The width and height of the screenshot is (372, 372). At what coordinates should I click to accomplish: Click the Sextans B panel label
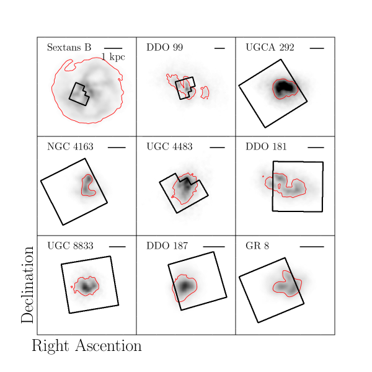(69, 48)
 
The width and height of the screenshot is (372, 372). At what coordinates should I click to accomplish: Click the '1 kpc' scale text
(113, 57)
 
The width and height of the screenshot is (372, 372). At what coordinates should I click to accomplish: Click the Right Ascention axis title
(86, 346)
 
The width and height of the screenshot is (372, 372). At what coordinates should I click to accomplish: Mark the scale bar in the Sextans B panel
(113, 48)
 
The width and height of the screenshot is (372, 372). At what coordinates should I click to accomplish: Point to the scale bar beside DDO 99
(219, 48)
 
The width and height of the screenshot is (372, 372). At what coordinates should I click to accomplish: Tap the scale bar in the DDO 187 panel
(214, 246)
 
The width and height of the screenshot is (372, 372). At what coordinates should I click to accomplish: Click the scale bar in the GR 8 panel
(312, 246)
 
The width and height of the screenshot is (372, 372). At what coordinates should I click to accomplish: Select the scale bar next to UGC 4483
(217, 147)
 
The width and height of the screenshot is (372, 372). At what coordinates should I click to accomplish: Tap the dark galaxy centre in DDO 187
(185, 286)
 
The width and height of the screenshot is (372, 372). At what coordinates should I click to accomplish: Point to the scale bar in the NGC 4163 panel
(117, 147)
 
